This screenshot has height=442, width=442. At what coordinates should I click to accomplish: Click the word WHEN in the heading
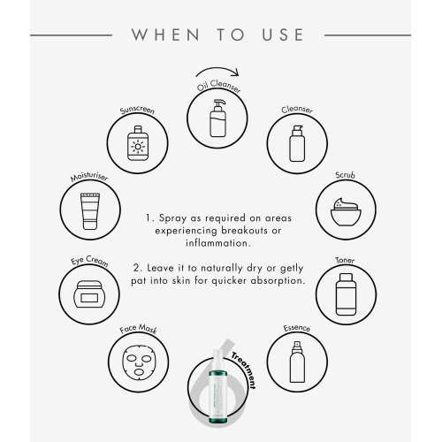coord(165,34)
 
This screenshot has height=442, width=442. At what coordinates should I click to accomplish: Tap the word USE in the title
coord(283,34)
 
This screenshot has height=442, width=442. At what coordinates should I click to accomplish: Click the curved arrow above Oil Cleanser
coord(217,71)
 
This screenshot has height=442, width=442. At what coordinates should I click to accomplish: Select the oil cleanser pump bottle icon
coord(218,118)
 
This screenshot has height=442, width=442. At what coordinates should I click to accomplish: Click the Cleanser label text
coord(297,110)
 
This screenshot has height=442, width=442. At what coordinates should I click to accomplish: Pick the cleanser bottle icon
coord(297,143)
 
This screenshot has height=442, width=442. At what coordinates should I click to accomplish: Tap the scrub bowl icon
coord(346,212)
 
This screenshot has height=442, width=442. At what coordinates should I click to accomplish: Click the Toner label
coord(345,260)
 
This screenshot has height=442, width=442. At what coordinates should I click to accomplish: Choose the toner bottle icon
coord(346,294)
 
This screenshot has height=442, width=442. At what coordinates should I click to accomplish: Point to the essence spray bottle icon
coord(297,362)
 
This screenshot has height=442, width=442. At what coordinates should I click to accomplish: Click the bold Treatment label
coord(244,370)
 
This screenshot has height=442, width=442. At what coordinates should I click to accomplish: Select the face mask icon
coord(138,362)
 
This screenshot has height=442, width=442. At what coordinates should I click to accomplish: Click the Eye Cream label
coord(89,261)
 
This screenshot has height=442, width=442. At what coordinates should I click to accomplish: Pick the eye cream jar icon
coord(89,294)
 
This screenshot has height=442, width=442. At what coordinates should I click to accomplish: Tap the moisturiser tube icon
coord(90,211)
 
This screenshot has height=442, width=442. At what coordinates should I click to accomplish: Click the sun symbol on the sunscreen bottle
coord(138,147)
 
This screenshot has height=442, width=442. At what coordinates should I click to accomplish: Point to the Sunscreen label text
coord(137,110)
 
